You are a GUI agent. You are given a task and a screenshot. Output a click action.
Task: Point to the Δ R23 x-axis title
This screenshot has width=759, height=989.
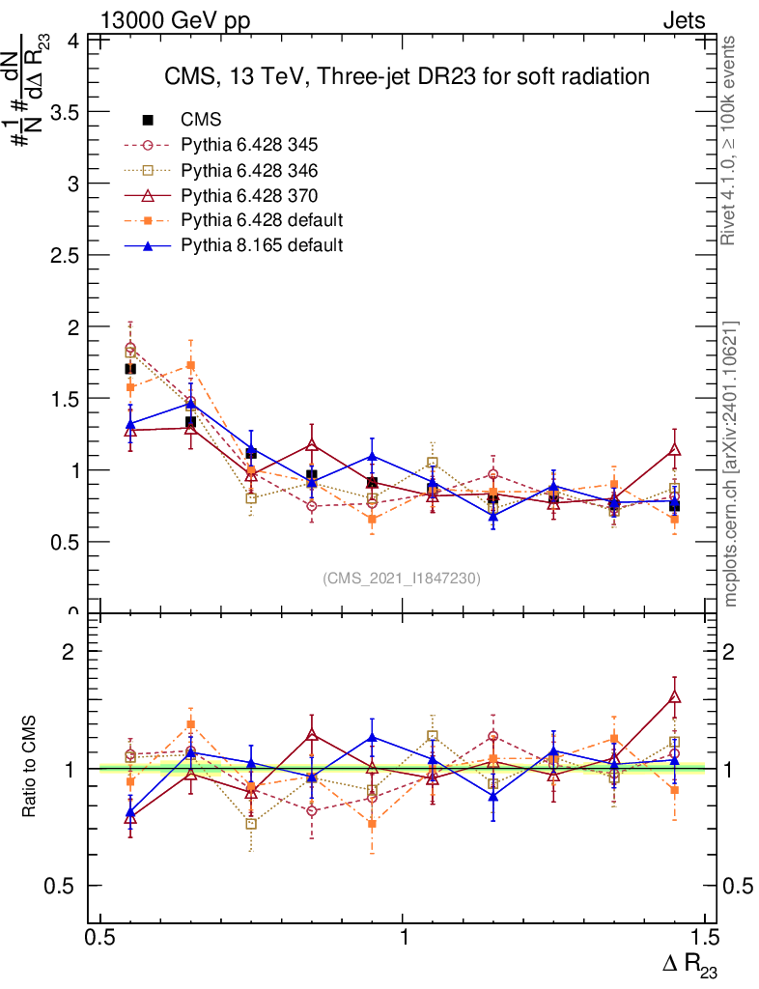coord(689,963)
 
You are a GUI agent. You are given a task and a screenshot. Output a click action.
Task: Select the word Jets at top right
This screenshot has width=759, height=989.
coord(683,20)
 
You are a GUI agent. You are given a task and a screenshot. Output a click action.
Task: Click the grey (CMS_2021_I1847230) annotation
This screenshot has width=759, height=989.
coord(402,578)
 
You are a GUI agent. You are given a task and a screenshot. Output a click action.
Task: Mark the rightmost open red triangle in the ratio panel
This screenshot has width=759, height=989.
coord(674,696)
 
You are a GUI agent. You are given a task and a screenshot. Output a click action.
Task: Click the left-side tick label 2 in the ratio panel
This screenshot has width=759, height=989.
coord(70,652)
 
